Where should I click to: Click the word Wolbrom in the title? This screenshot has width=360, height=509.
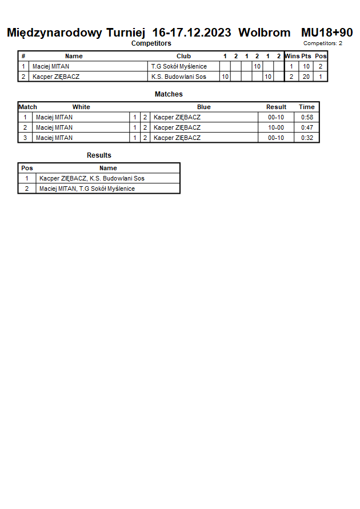tap(264, 33)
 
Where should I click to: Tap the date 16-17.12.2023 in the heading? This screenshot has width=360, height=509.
tap(192, 33)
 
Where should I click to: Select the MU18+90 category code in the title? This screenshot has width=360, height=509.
tap(327, 33)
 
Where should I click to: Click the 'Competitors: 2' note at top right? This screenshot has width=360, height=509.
tap(323, 43)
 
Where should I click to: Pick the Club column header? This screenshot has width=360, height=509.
tap(183, 56)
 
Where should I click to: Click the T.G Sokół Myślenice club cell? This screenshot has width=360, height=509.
tap(179, 66)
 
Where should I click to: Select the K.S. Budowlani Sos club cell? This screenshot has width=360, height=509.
tap(178, 77)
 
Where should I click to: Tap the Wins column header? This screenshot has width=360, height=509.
tap(292, 56)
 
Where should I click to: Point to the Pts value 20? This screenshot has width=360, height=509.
tap(306, 77)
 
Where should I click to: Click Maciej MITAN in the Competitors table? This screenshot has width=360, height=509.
tap(51, 66)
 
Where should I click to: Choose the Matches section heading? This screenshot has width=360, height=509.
tap(169, 94)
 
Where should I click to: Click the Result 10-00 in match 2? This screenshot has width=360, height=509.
tap(276, 127)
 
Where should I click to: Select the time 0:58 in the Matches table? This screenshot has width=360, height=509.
tap(307, 117)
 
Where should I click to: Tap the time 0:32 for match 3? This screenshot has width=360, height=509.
tap(307, 138)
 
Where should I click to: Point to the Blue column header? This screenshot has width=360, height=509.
tap(204, 107)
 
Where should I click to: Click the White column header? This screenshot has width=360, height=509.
tap(81, 107)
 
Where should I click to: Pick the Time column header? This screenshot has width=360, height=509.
tap(307, 107)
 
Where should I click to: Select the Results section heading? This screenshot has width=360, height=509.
tap(99, 155)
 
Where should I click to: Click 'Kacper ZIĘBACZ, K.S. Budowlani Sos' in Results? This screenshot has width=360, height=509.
tap(92, 178)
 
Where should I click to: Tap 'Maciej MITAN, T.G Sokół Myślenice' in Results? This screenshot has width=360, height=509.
tap(87, 189)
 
